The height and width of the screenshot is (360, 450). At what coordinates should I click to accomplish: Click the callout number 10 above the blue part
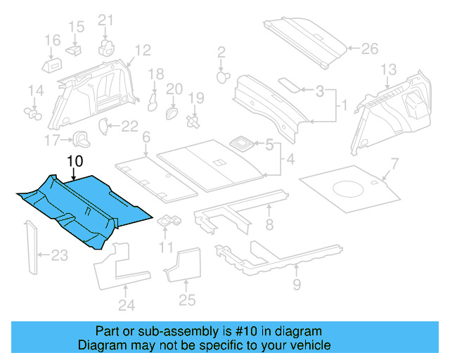75,162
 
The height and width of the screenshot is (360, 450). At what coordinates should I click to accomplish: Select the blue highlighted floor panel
84,207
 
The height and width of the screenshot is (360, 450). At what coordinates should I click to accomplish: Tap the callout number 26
369,49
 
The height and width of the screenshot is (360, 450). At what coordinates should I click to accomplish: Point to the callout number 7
394,164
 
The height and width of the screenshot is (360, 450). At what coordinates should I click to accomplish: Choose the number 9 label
296,284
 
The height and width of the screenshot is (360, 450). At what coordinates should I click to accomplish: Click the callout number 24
126,305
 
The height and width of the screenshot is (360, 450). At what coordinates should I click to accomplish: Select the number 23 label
60,256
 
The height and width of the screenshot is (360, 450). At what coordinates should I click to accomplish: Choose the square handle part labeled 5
243,143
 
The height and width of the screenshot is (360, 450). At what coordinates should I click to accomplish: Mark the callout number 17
53,140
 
